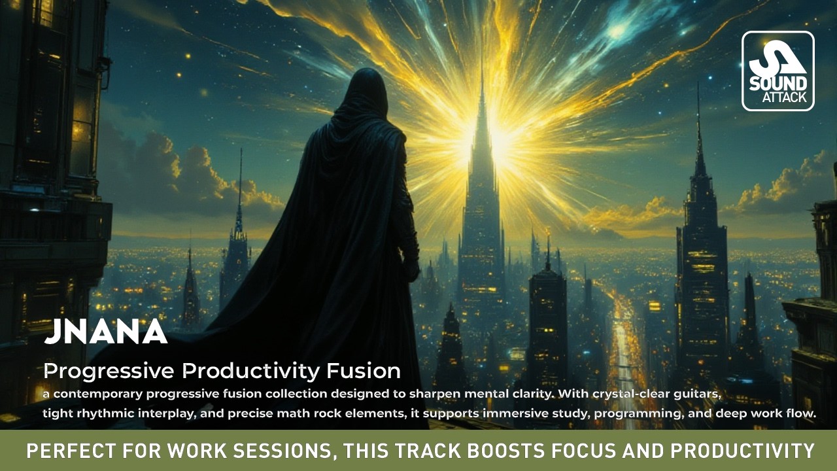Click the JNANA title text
pyautogui.click(x=105, y=332)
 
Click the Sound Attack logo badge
pyautogui.click(x=777, y=71)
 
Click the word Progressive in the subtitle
pyautogui.click(x=109, y=372)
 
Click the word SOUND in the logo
pyautogui.click(x=778, y=84)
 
